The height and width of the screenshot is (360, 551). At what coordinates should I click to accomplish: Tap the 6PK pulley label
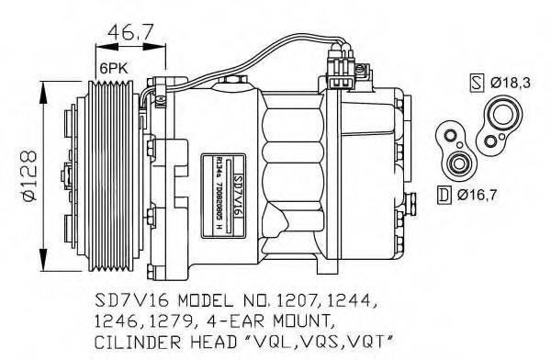pos(112,67)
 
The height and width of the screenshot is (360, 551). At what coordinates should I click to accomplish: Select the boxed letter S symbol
pos(476,84)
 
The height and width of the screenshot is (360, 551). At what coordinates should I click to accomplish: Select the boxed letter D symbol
pos(444,194)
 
